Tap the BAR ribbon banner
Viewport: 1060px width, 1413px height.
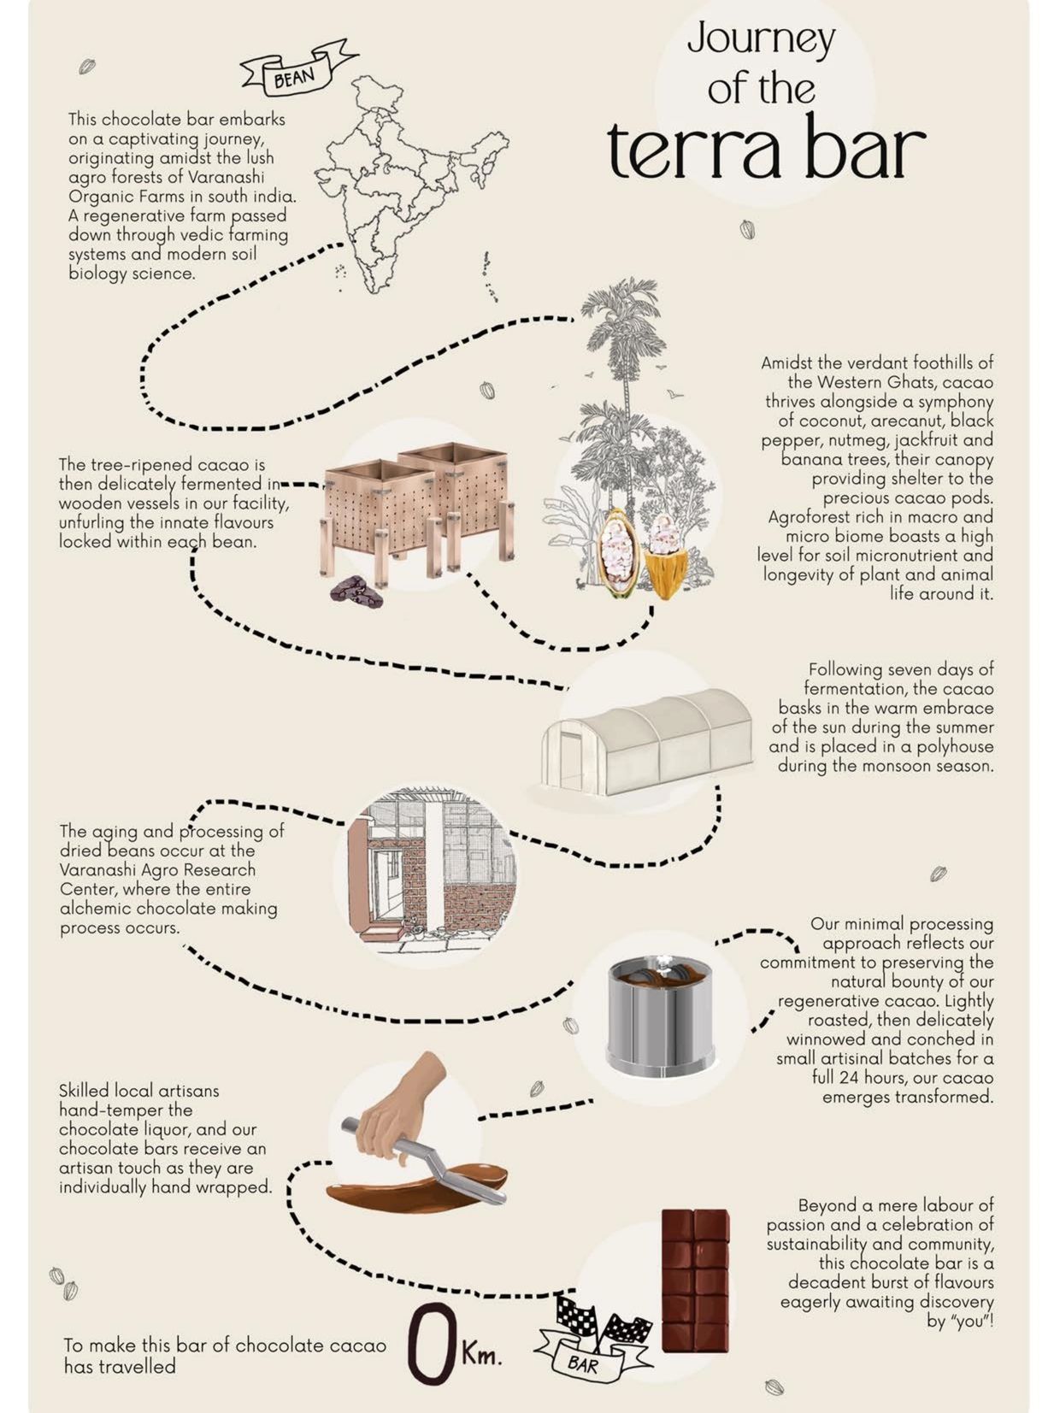click(x=582, y=1363)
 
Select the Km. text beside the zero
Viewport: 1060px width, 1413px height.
click(x=480, y=1353)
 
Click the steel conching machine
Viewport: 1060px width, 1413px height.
click(x=659, y=1017)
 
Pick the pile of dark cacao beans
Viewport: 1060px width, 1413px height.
click(x=356, y=592)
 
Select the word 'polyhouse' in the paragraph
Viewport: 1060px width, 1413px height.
click(x=955, y=747)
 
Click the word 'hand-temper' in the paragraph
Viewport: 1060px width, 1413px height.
click(x=126, y=1110)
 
